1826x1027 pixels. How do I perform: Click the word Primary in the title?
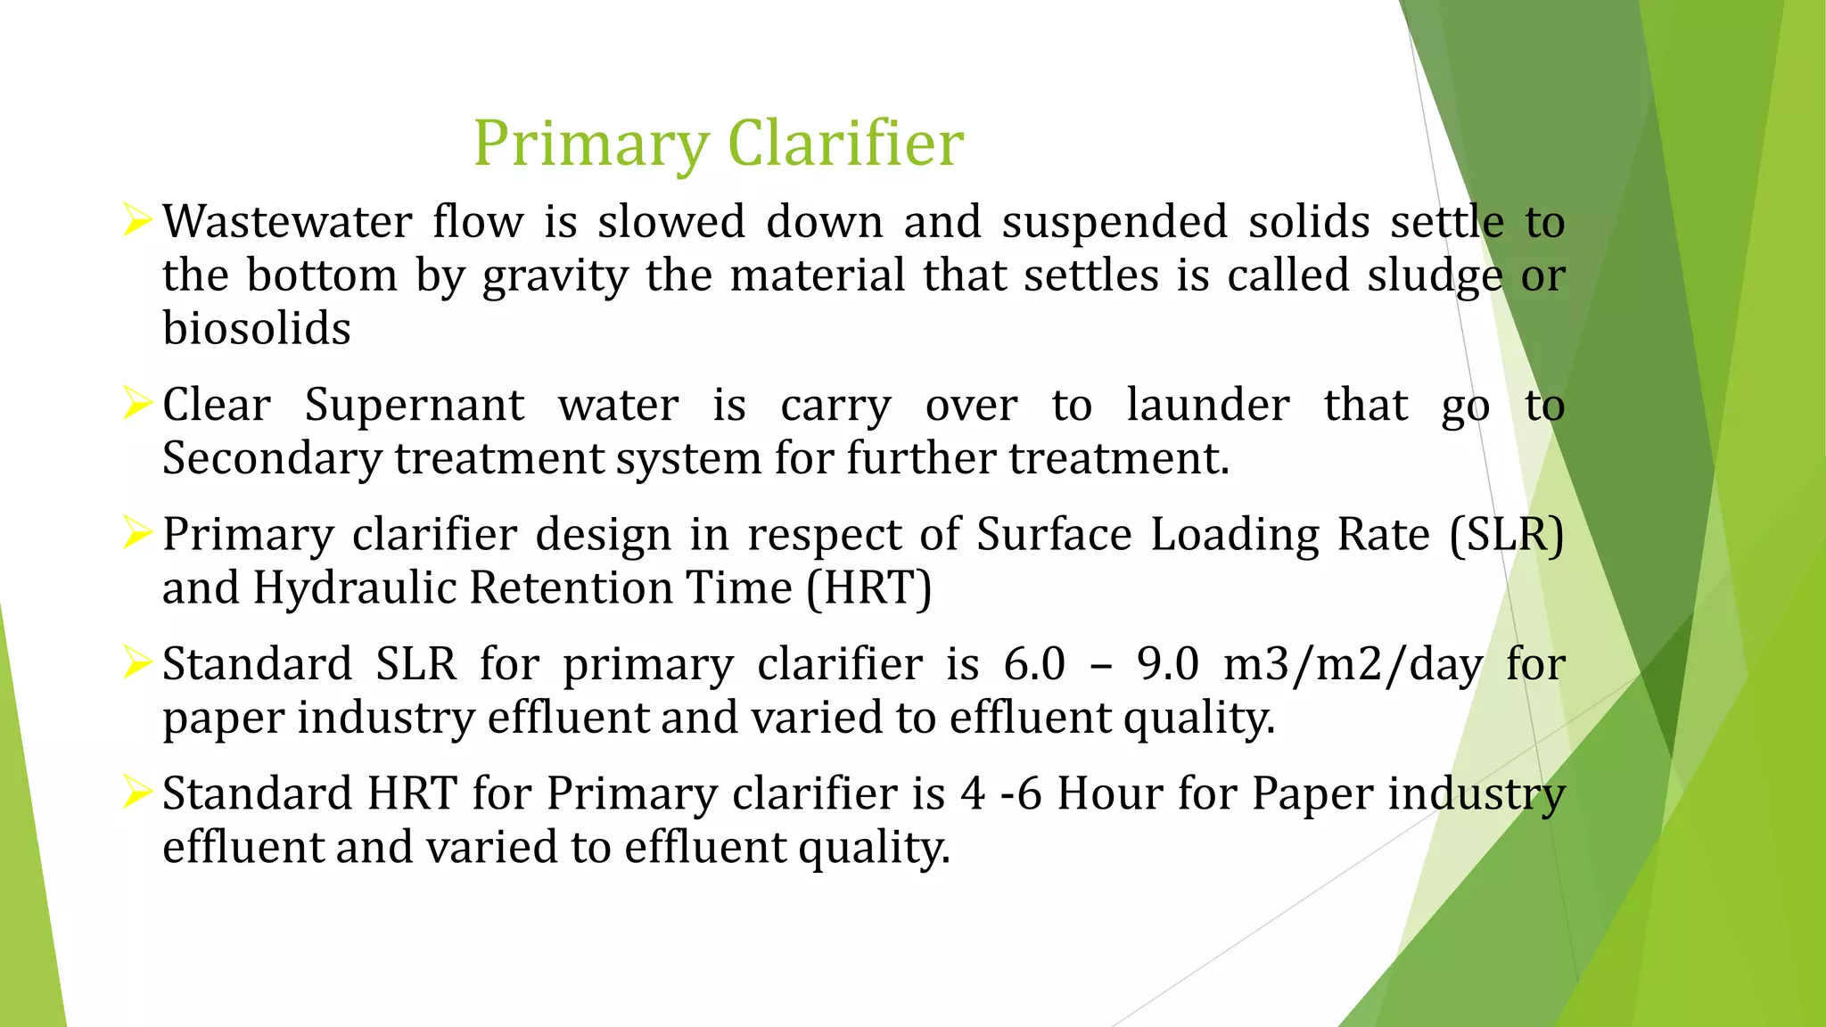pyautogui.click(x=590, y=144)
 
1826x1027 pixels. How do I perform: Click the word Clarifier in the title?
pyautogui.click(x=845, y=143)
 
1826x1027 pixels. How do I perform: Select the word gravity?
pyautogui.click(x=555, y=276)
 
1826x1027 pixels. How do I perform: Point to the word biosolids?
pyautogui.click(x=257, y=328)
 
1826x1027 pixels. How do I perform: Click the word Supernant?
pyautogui.click(x=415, y=407)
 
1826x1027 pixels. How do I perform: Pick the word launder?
pyautogui.click(x=1208, y=405)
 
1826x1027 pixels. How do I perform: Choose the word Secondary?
pyautogui.click(x=272, y=459)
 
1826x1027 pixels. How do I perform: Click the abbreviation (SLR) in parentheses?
pyautogui.click(x=1507, y=535)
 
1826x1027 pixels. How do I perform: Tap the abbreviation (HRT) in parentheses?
pyautogui.click(x=869, y=588)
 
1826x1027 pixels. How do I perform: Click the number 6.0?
pyautogui.click(x=1034, y=664)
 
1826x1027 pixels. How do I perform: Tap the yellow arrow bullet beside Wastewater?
pyautogui.click(x=137, y=219)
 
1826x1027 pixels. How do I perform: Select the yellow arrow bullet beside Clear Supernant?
pyautogui.click(x=137, y=404)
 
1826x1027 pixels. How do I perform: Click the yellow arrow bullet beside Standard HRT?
pyautogui.click(x=137, y=792)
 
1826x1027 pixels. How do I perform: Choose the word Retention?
pyautogui.click(x=630, y=588)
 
